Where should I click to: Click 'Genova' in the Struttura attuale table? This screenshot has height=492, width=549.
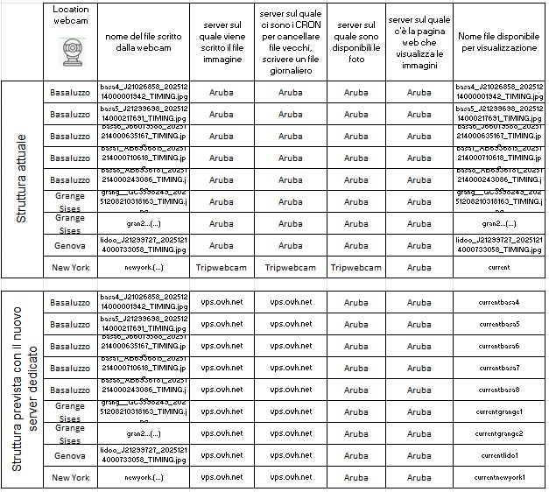pos(70,245)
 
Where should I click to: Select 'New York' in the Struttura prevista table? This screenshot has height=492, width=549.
pos(70,477)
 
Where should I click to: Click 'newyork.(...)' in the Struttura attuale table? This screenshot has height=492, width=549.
pos(144,267)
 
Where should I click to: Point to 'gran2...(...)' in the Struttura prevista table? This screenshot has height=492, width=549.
pos(144,433)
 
